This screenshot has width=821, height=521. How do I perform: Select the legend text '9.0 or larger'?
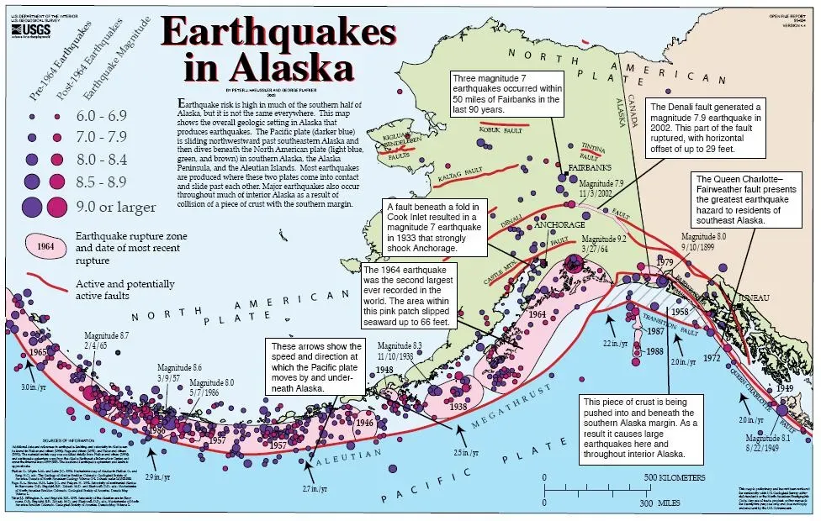click(x=115, y=206)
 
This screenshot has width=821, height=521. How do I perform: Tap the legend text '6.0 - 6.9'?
click(x=103, y=113)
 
